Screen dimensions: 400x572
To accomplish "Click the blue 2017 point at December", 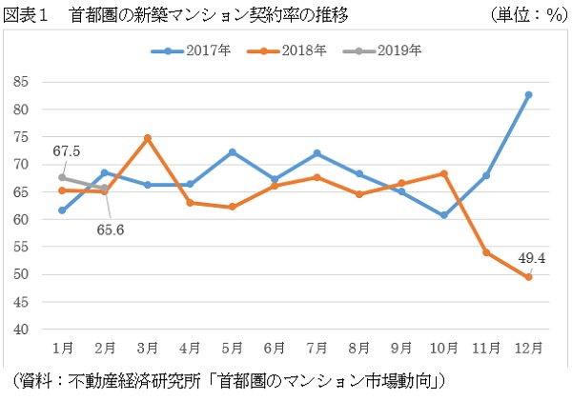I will (529, 94).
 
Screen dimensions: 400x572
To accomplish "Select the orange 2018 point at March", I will (148, 138).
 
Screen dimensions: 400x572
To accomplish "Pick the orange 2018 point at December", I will (529, 277).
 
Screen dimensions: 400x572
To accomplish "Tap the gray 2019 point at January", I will (62, 177).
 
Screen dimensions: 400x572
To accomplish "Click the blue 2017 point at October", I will (444, 215).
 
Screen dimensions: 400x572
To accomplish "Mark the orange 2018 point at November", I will (487, 252).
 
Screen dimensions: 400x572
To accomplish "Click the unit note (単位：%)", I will (525, 15).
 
